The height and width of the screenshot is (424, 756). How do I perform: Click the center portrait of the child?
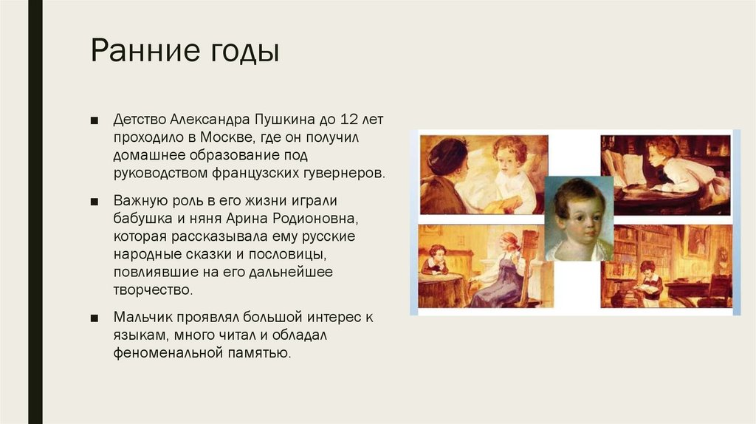(x=579, y=219)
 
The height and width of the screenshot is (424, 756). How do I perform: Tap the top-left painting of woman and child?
(x=484, y=174)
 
